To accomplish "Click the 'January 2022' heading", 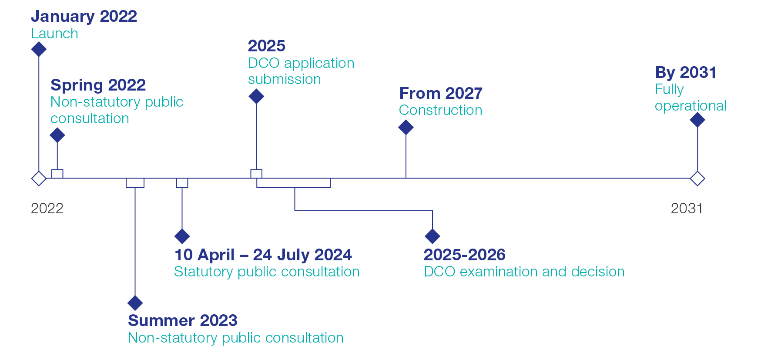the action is click(x=84, y=17).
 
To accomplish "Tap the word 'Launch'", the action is click(x=54, y=34).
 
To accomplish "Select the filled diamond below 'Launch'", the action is click(x=39, y=49).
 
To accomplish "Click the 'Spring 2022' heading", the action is click(x=98, y=85).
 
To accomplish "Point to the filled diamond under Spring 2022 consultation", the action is click(x=57, y=135).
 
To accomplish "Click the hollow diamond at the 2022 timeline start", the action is click(x=39, y=178).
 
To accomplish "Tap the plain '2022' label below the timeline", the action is click(x=47, y=209).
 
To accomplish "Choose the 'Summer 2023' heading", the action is click(x=183, y=321).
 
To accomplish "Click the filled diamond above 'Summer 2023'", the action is click(x=135, y=303).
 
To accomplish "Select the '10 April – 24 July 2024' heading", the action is click(x=263, y=255).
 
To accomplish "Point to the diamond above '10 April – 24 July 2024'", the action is click(x=182, y=236).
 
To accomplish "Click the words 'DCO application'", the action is click(x=301, y=64).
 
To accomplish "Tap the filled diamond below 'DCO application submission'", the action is click(x=256, y=96).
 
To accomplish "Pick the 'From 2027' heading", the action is click(x=441, y=93).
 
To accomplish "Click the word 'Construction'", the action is click(x=441, y=110).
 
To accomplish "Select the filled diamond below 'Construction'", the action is click(x=406, y=127).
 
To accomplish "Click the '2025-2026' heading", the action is click(x=465, y=255).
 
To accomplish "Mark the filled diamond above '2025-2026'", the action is click(x=432, y=236).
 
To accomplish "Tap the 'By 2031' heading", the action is click(x=686, y=72).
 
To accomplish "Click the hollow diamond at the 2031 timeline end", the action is click(x=697, y=178).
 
